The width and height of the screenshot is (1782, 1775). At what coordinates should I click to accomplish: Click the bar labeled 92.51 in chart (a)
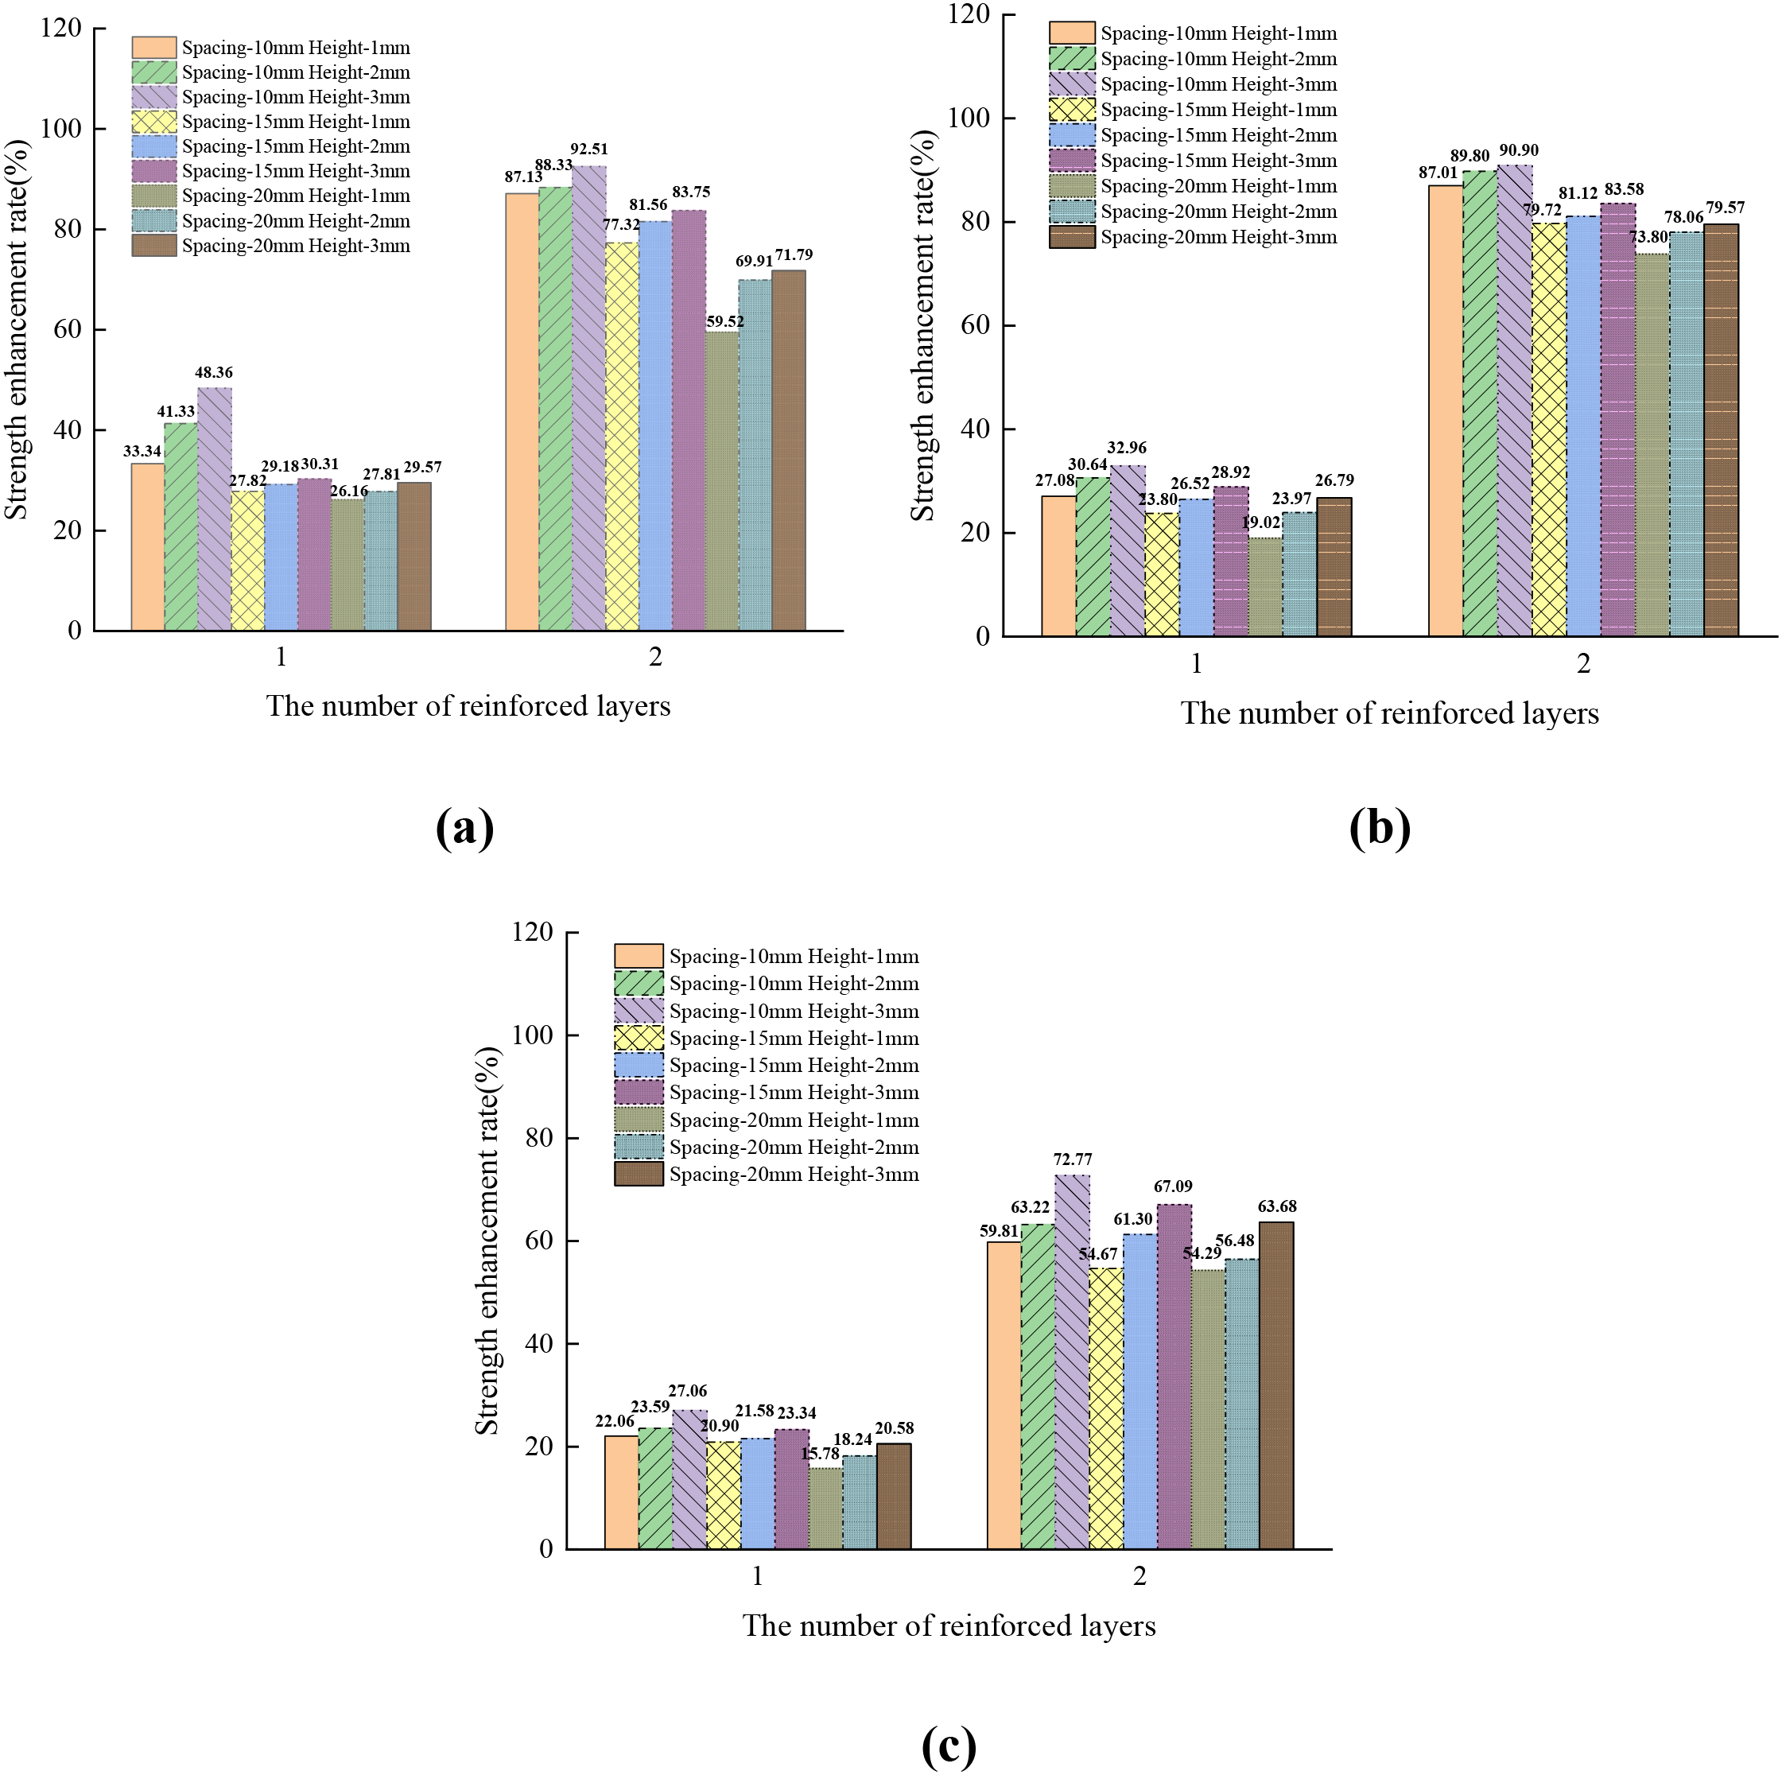[x=588, y=397]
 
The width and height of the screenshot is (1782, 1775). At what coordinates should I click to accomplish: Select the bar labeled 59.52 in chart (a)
[x=722, y=480]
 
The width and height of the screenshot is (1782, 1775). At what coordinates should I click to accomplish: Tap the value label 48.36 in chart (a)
[x=213, y=373]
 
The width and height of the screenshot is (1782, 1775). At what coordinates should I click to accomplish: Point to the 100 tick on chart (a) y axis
[x=62, y=128]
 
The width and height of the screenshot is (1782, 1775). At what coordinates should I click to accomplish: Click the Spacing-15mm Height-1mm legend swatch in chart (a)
[x=154, y=122]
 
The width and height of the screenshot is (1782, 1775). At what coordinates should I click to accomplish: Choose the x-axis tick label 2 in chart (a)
[x=655, y=657]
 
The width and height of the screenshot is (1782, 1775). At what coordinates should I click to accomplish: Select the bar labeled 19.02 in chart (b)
[x=1264, y=587]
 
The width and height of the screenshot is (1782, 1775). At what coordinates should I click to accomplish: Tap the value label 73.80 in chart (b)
[x=1648, y=237]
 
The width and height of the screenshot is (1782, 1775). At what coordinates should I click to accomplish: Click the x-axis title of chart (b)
[x=1389, y=713]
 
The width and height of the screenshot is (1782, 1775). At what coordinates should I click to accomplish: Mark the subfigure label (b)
[x=1379, y=828]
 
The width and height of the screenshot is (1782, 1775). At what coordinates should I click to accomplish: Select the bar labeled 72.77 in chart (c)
[x=1072, y=1361]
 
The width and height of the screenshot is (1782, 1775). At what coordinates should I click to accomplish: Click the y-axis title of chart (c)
[x=487, y=1241]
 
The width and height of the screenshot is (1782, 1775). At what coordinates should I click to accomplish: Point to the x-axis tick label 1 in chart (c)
[x=757, y=1575]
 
